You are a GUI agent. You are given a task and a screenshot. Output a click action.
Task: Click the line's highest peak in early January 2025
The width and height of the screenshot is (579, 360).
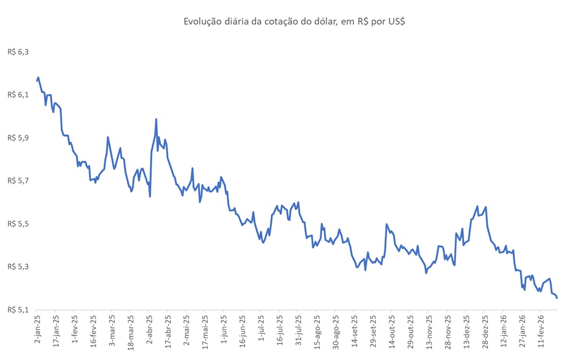tap(38, 77)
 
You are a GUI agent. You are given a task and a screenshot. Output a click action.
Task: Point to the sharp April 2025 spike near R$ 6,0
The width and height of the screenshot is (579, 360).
tap(156, 119)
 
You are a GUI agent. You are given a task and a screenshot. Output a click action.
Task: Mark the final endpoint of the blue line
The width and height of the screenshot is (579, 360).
tap(557, 298)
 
